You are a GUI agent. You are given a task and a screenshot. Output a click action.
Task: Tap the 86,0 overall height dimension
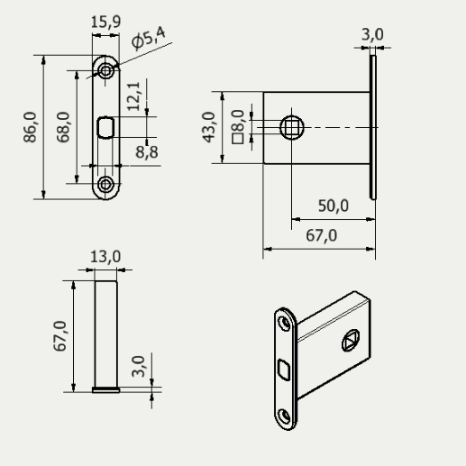pos(32,127)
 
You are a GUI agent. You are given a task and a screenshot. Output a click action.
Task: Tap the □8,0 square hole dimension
pos(238,127)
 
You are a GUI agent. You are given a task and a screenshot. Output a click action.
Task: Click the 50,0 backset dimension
pos(333,206)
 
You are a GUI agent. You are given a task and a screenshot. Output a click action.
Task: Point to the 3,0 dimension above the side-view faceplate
pos(371,34)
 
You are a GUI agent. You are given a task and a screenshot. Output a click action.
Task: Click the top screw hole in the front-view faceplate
pos(106,69)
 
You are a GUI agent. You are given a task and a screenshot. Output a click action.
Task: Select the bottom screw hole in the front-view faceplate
pos(106,185)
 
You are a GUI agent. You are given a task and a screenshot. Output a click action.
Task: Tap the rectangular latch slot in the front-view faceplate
pos(105,127)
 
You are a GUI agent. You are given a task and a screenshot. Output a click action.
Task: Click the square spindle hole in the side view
pos(292,127)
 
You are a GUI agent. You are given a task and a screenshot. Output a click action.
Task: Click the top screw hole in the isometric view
pos(284,320)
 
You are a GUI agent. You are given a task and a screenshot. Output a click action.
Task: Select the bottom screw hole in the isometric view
pos(285,415)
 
